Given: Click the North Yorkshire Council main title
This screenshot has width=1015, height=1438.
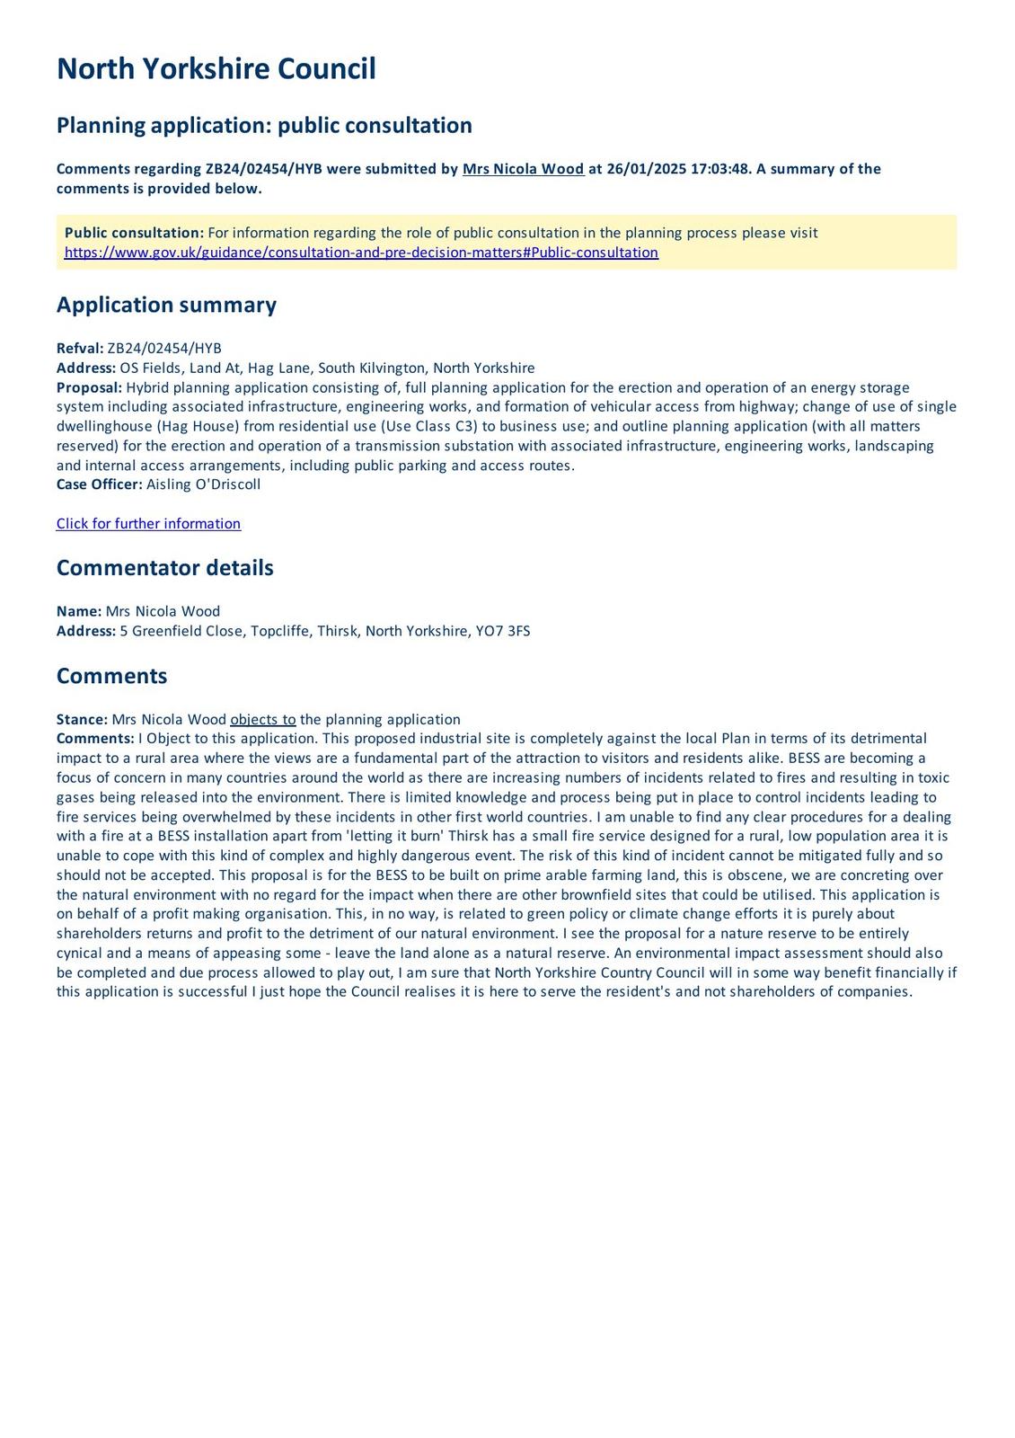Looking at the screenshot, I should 216,69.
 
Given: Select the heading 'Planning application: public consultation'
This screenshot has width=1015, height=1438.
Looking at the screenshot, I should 264,125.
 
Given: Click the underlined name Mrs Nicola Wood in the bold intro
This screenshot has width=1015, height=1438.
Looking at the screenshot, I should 523,169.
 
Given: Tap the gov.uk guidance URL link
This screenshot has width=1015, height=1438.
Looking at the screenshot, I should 361,253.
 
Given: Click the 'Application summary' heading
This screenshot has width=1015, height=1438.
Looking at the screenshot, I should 166,305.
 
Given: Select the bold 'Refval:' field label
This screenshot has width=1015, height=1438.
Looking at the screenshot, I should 80,349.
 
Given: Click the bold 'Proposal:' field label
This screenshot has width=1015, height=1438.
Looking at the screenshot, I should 89,387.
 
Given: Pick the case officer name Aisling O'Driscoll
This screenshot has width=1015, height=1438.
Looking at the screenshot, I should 203,484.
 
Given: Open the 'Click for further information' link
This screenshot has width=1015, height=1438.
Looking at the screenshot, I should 148,524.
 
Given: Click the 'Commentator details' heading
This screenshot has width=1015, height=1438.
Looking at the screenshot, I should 164,568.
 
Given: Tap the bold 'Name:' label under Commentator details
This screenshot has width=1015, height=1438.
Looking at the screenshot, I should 79,611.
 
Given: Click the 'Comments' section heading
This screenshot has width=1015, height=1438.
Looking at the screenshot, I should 111,676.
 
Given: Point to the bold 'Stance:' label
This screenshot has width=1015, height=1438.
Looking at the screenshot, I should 82,720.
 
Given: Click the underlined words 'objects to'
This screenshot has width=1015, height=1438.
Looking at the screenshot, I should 263,720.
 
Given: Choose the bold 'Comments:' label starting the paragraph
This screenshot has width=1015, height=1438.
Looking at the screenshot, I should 95,739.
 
